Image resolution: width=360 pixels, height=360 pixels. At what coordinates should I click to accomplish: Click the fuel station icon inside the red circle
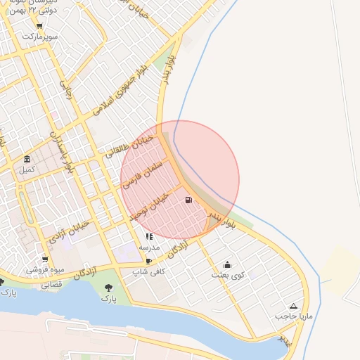pyautogui.click(x=188, y=200)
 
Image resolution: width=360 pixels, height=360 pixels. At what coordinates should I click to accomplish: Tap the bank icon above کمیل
pyautogui.click(x=27, y=159)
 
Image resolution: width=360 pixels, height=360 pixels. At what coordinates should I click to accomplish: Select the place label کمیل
pyautogui.click(x=27, y=169)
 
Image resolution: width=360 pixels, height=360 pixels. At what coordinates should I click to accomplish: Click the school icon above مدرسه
pyautogui.click(x=149, y=237)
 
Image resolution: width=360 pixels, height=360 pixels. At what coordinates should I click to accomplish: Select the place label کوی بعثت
pyautogui.click(x=228, y=275)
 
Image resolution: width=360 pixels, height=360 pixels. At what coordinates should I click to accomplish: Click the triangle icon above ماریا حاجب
pyautogui.click(x=293, y=307)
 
